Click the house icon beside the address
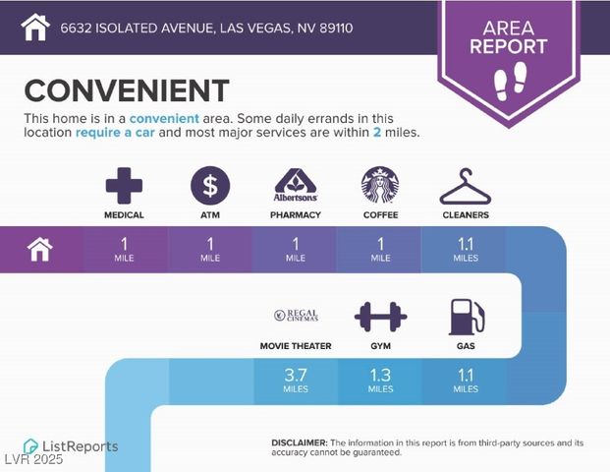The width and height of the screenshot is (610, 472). point(35,27)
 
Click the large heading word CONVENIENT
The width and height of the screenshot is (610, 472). point(126,90)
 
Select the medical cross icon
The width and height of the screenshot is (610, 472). point(124,185)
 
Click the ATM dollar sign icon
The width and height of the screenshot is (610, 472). point(210,185)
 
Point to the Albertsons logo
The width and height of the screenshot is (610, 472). point(295,184)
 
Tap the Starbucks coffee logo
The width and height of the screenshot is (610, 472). point(380,185)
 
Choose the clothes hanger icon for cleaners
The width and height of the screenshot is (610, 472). point(465,186)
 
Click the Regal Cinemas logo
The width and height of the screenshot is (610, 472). point(295,316)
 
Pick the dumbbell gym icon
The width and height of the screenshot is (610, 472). point(380,317)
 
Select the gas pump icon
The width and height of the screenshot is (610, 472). point(466,317)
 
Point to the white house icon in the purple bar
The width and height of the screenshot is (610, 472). point(40,250)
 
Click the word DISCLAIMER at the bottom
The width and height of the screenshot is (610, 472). point(299,443)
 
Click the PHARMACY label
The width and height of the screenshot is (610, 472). point(295,214)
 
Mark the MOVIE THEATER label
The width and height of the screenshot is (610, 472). point(295,346)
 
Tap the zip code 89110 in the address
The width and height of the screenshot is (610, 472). point(334,28)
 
